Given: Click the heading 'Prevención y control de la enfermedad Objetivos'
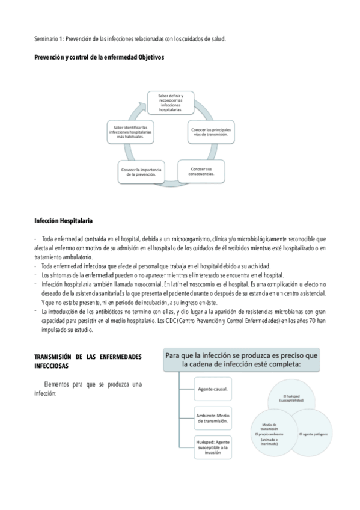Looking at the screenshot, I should [99, 57].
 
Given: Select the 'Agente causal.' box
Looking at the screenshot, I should [212, 389].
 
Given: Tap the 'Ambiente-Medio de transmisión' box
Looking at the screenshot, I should [212, 418].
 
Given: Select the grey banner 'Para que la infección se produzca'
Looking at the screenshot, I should [242, 360].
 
